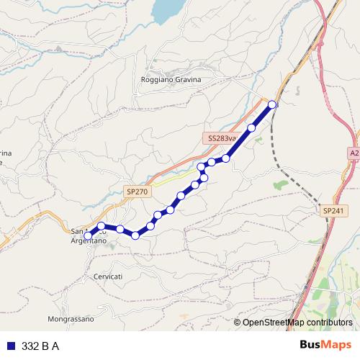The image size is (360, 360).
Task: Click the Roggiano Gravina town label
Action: pyautogui.click(x=171, y=80)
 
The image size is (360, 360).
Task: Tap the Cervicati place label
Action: pyautogui.click(x=108, y=276)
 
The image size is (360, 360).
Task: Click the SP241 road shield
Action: pyautogui.click(x=333, y=210)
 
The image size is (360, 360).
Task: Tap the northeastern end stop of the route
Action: pyautogui.click(x=272, y=105)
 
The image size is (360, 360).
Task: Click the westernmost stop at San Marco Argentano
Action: pyautogui.click(x=89, y=235)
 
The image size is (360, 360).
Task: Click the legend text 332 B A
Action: pyautogui.click(x=40, y=346)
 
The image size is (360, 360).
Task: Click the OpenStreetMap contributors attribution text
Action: pyautogui.click(x=297, y=323)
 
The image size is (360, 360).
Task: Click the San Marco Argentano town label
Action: pyautogui.click(x=89, y=236)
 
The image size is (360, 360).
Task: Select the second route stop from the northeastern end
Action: pyautogui.click(x=252, y=128)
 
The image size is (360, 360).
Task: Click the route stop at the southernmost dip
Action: pyautogui.click(x=135, y=235)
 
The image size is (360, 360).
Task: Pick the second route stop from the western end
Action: pyautogui.click(x=102, y=227)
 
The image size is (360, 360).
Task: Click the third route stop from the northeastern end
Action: pyautogui.click(x=226, y=158)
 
